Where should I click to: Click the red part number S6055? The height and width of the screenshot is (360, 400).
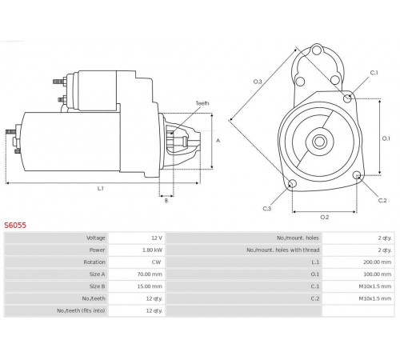tap(15, 226)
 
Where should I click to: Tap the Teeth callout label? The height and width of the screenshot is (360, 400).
tap(202, 103)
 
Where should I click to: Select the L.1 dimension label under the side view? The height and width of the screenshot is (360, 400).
tap(100, 189)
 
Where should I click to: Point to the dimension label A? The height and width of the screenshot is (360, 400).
tap(218, 141)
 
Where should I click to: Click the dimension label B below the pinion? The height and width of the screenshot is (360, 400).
tap(166, 200)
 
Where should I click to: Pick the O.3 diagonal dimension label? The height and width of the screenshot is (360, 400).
tap(258, 82)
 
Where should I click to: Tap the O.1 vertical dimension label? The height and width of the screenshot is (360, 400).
tap(386, 138)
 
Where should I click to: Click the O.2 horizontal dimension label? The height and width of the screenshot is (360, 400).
tap(325, 217)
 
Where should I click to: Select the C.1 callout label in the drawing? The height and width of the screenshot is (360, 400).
tap(374, 73)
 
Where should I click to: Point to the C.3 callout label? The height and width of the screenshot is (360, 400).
tap(267, 209)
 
